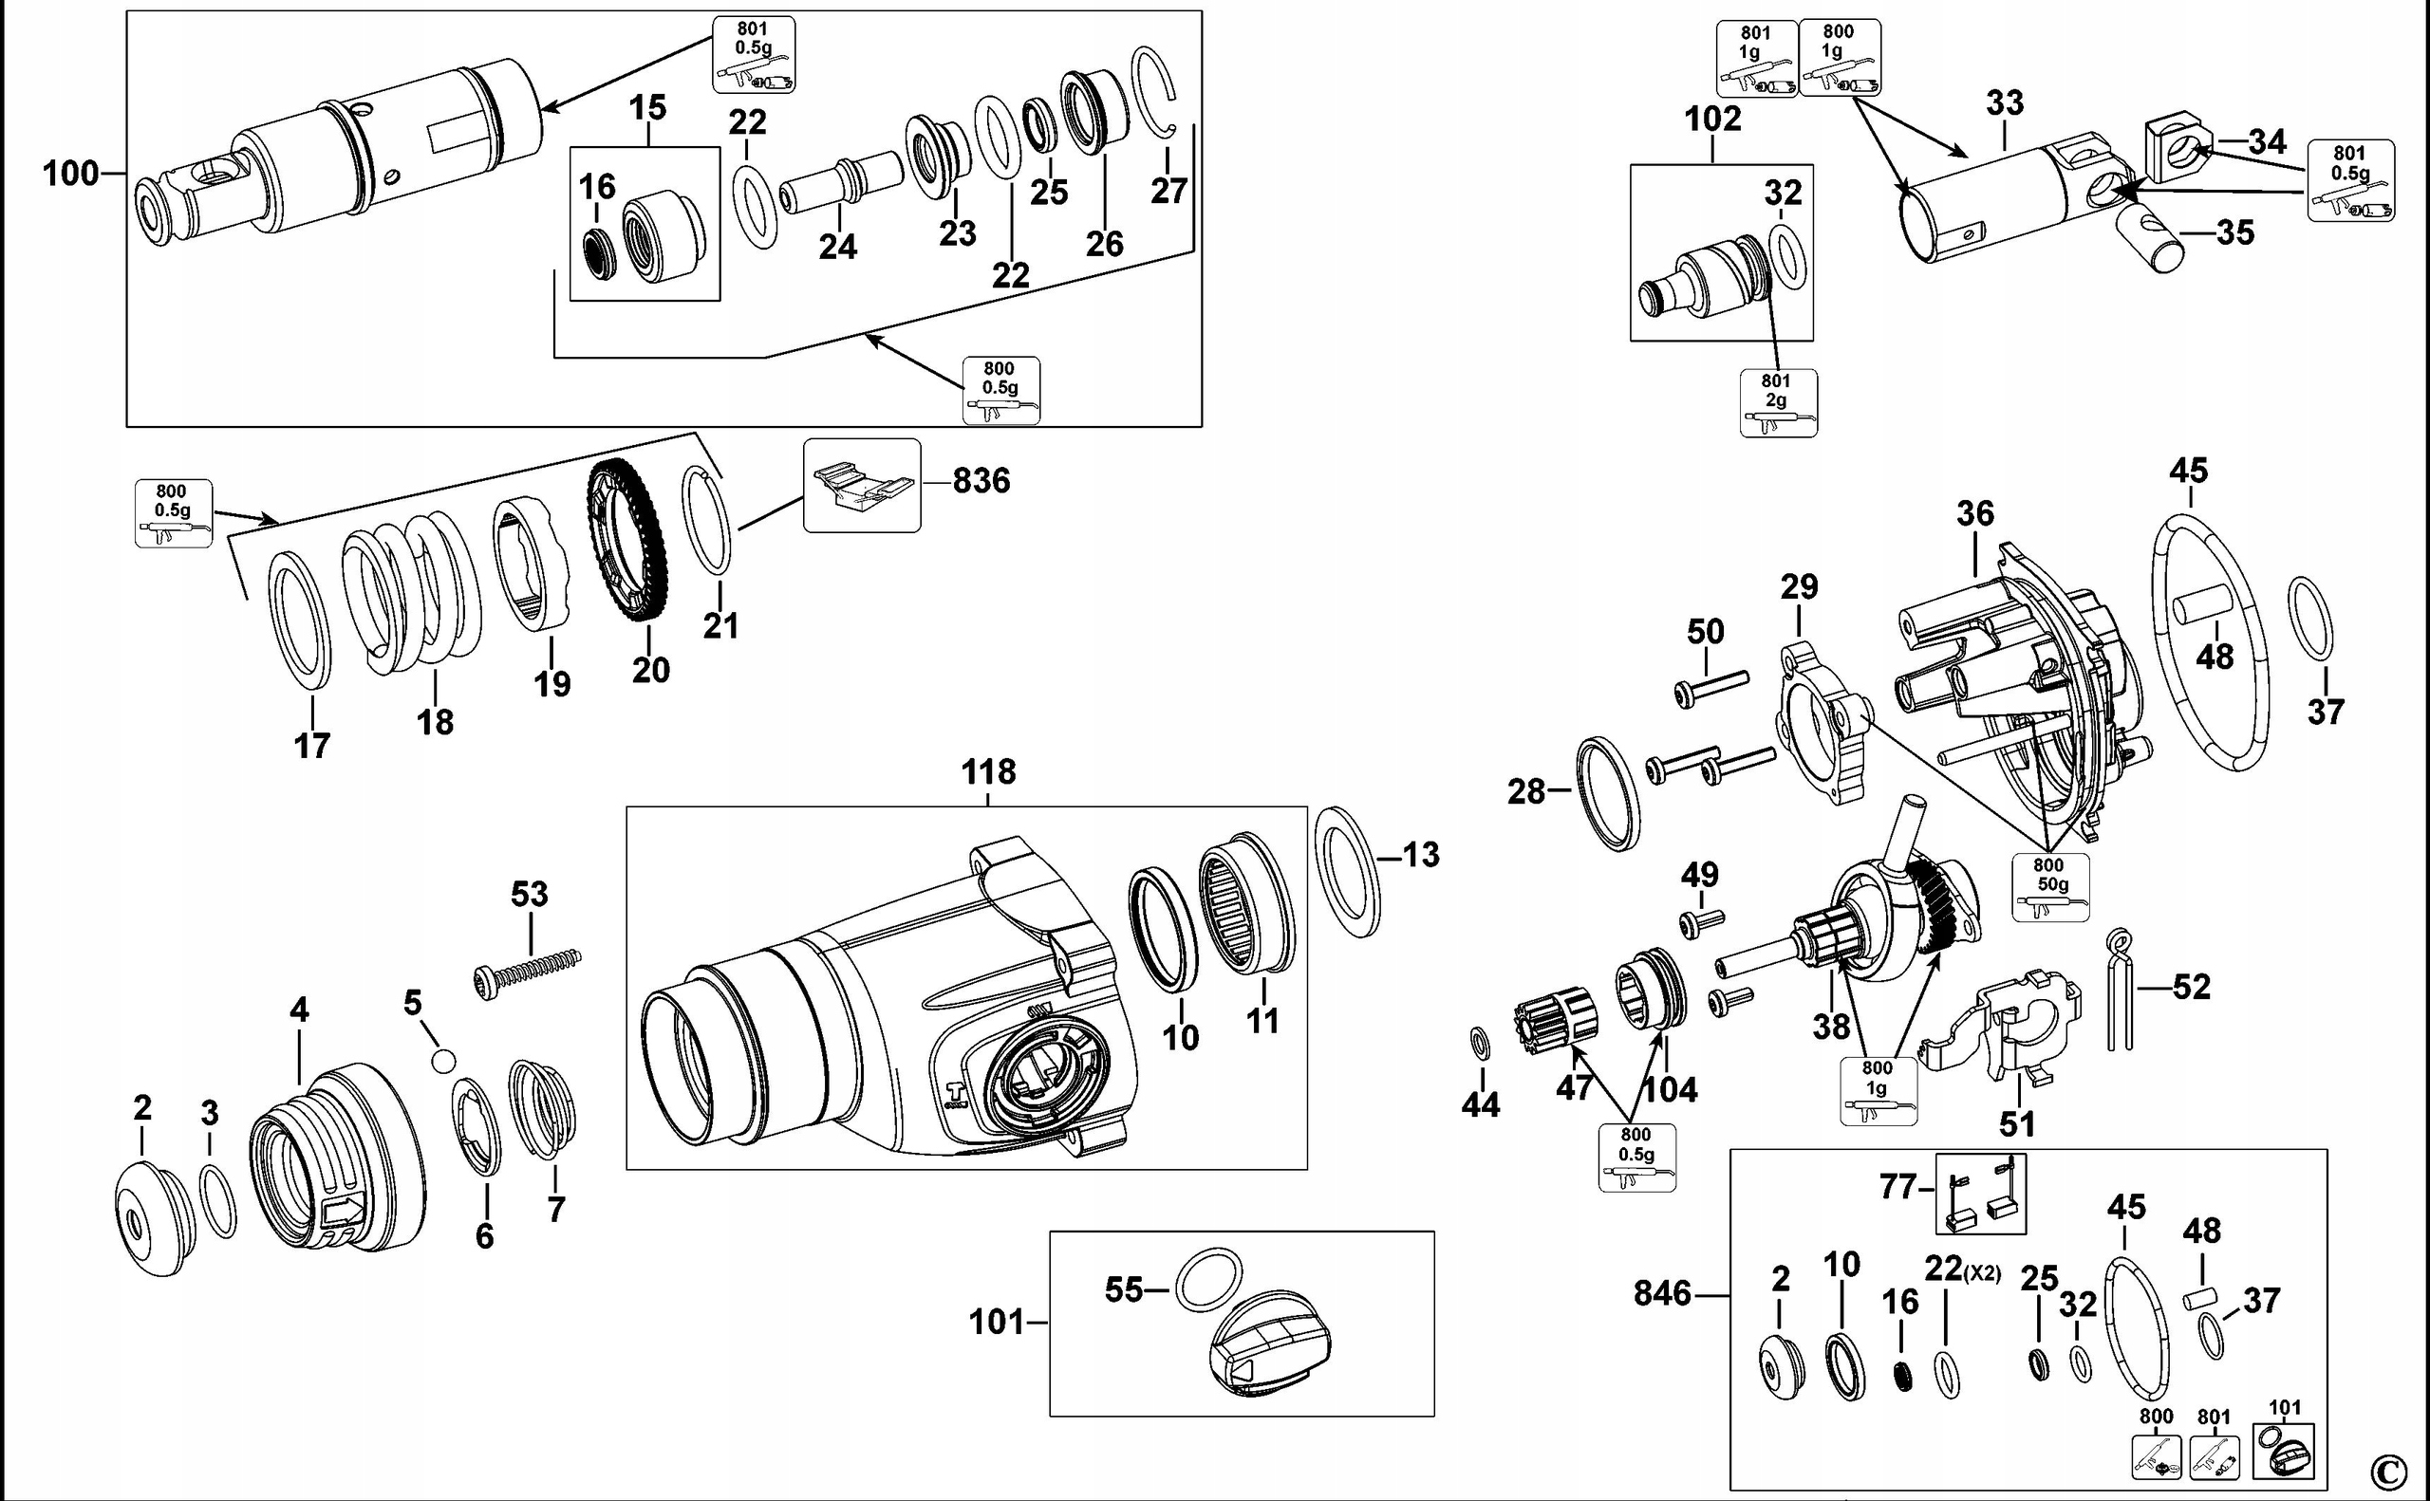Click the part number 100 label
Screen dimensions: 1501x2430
click(x=69, y=175)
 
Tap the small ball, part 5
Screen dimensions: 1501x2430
click(x=443, y=1061)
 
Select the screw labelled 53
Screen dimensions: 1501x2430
click(x=526, y=969)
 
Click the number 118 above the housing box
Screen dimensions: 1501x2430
click(x=988, y=771)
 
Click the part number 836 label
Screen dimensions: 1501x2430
click(x=981, y=481)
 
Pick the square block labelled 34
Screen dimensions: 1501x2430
click(x=2175, y=147)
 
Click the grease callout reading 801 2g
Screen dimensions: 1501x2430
click(x=1778, y=402)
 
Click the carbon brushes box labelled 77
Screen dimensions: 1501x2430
click(x=1980, y=1195)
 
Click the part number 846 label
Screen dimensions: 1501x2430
click(x=1661, y=1293)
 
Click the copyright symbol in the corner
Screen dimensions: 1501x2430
click(x=2388, y=1470)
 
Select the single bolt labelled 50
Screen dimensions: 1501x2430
click(x=1712, y=686)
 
